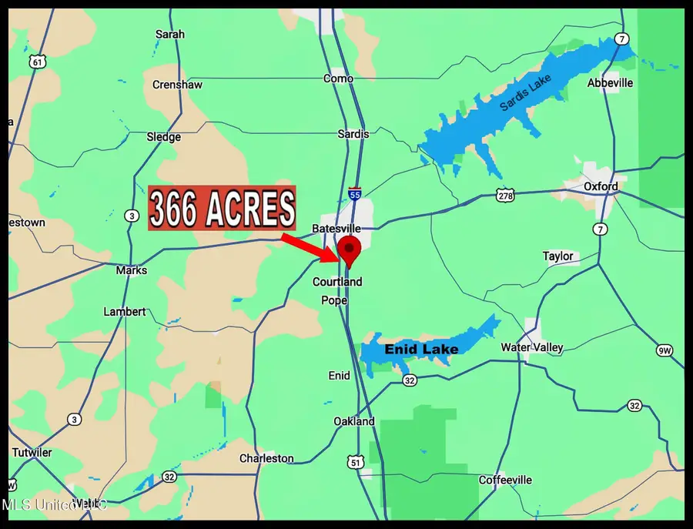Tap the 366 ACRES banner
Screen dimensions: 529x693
tap(222, 208)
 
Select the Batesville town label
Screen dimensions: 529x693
tap(336, 229)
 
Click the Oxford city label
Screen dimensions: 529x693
tap(600, 186)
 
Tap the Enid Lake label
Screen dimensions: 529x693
tap(421, 350)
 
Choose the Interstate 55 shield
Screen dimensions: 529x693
tap(354, 193)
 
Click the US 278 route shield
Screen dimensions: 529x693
tap(505, 196)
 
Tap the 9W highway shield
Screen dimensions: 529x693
tap(665, 350)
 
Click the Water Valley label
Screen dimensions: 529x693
tap(531, 347)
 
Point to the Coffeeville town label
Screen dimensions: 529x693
tap(505, 480)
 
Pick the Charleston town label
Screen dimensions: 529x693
tap(266, 458)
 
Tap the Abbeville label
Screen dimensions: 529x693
tap(610, 82)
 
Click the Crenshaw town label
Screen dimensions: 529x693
tap(177, 85)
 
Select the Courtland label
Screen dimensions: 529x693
tap(337, 282)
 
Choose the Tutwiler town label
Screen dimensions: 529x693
tap(32, 452)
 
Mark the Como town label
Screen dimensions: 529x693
tap(338, 79)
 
